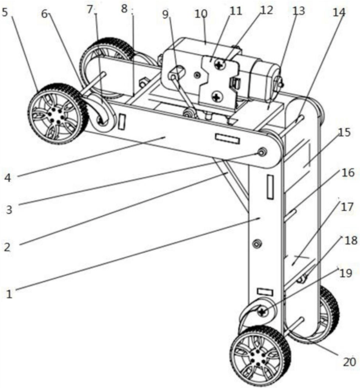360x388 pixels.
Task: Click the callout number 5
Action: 5,12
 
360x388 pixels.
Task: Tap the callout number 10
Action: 201,14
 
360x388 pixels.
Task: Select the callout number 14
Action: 339,12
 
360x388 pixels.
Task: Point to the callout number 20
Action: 349,362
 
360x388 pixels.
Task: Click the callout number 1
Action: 9,294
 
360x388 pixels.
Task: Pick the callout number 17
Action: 346,206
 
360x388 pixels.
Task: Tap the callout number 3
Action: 9,210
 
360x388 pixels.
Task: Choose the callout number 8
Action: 124,9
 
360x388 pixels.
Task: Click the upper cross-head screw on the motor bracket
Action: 219,65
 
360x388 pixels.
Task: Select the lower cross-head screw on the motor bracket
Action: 217,97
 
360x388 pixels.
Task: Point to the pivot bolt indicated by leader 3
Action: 262,152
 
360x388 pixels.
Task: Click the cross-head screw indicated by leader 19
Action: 262,311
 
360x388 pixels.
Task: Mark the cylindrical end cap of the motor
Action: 265,80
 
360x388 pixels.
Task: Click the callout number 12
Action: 266,10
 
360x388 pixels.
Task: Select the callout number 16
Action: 348,172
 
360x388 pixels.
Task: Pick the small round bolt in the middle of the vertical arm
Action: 257,244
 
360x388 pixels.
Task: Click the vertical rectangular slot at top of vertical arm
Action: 270,187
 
